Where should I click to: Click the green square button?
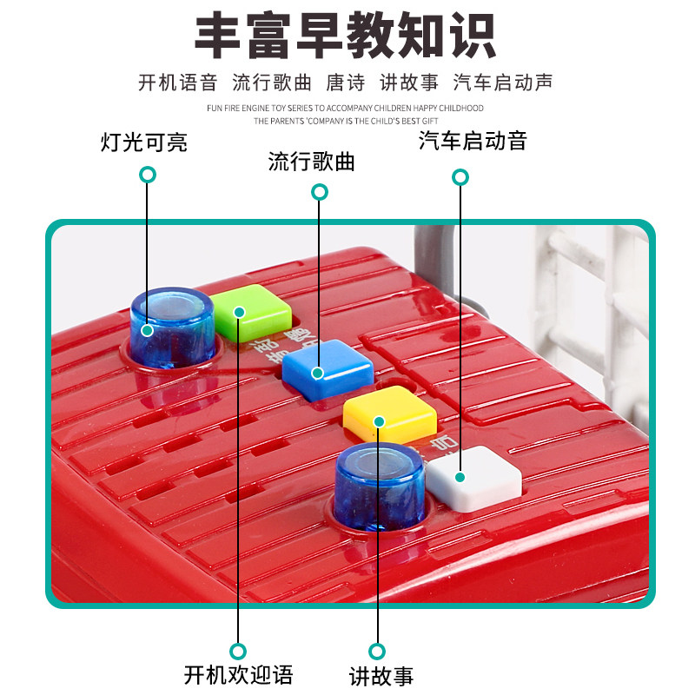tap(250, 311)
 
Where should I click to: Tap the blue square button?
tap(328, 370)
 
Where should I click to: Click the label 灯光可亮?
tap(144, 142)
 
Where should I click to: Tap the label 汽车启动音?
tap(473, 141)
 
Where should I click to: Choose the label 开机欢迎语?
tap(239, 674)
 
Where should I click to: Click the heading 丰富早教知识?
tap(346, 36)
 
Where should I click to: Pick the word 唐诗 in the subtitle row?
tap(346, 83)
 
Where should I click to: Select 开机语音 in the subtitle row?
tap(177, 83)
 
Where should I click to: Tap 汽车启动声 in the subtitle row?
tap(503, 83)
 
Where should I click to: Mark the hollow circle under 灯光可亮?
tap(148, 175)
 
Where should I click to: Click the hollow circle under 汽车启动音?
tap(460, 177)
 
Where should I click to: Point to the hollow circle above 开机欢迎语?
tap(238, 651)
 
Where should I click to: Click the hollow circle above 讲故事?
tap(377, 651)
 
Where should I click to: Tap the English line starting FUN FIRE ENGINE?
tap(346, 108)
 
